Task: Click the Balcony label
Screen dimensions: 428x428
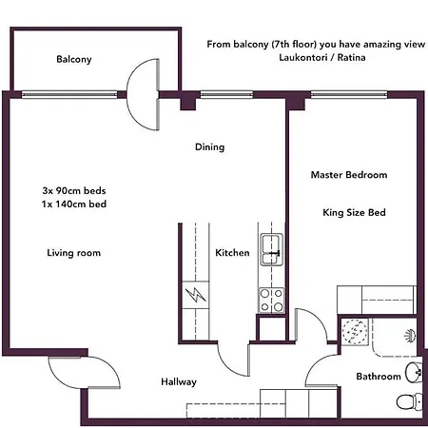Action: click(74, 59)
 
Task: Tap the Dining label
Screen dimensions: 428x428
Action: click(209, 147)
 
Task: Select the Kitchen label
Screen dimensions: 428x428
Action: click(232, 253)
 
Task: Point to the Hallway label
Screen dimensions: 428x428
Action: click(179, 381)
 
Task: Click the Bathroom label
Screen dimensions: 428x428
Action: click(379, 377)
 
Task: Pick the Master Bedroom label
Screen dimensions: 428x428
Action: click(349, 175)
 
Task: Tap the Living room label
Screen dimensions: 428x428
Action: click(73, 253)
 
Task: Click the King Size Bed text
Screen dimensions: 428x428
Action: click(354, 212)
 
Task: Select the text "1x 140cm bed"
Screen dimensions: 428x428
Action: click(73, 204)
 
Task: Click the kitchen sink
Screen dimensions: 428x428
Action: click(271, 249)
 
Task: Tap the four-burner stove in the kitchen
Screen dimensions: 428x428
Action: click(272, 300)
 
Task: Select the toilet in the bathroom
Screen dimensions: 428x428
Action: click(410, 401)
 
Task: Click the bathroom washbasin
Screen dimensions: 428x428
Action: click(414, 372)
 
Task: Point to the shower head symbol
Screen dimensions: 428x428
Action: click(410, 336)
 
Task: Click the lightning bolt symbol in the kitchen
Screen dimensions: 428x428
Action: click(196, 295)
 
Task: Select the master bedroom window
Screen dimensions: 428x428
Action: click(349, 94)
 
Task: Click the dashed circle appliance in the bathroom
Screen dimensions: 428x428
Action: click(355, 331)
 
